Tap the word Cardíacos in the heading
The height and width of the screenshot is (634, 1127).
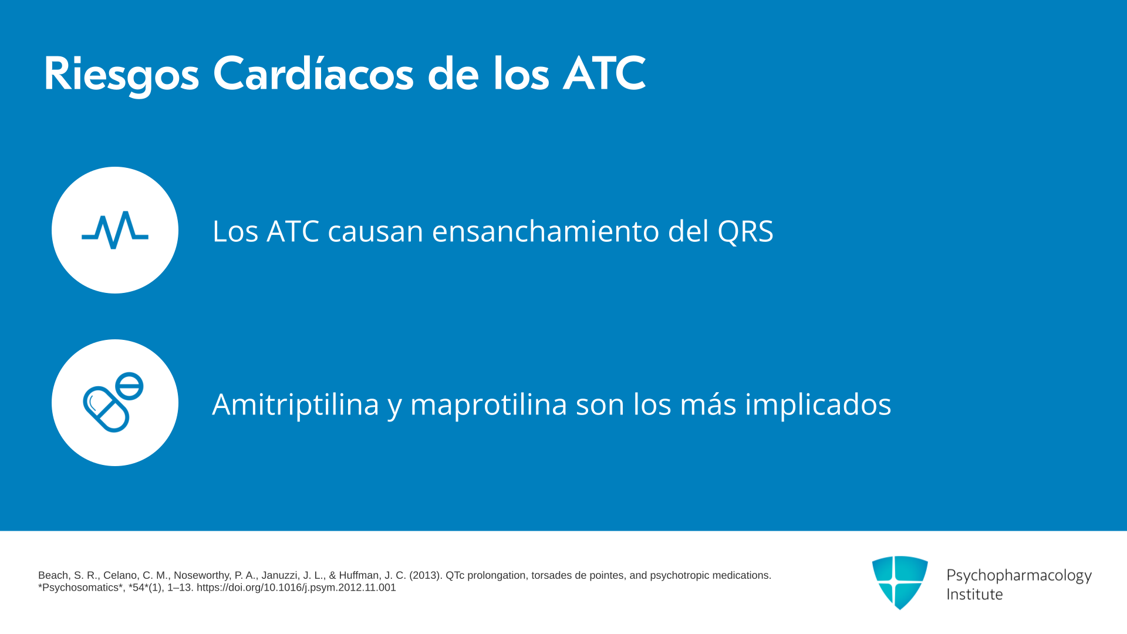point(313,74)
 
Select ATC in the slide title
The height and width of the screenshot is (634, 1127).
point(604,74)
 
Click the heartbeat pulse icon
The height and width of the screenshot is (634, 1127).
point(115,230)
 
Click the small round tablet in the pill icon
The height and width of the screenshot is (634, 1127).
point(129,386)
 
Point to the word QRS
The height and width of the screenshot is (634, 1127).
point(745,231)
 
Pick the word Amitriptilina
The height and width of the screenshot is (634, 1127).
point(296,404)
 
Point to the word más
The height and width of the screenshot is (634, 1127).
point(708,404)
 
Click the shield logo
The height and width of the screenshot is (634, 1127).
point(900,582)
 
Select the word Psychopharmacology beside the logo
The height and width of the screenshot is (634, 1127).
point(1019,576)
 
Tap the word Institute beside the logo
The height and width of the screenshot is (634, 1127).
point(974,594)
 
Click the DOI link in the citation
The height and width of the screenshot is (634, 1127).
point(296,588)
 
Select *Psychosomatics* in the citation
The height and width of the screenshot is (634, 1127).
point(82,588)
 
